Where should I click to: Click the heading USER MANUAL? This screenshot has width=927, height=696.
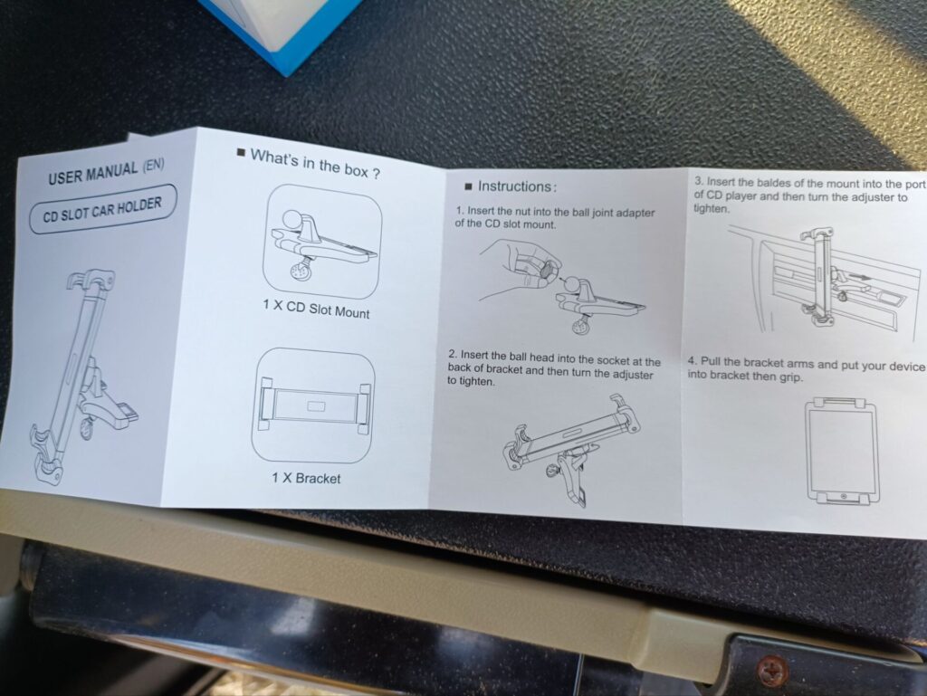93,173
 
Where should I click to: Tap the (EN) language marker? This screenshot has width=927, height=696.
153,165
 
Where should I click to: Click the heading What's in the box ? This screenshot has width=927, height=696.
315,164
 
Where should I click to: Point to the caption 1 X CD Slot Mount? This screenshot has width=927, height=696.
316,309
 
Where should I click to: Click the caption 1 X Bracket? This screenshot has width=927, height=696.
306,477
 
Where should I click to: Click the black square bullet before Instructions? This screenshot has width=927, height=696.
468,187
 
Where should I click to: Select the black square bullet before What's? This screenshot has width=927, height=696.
241,152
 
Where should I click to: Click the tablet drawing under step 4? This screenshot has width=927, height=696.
841,450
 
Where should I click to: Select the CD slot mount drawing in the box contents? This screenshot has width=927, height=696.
322,243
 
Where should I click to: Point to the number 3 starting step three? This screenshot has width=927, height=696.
698,181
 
